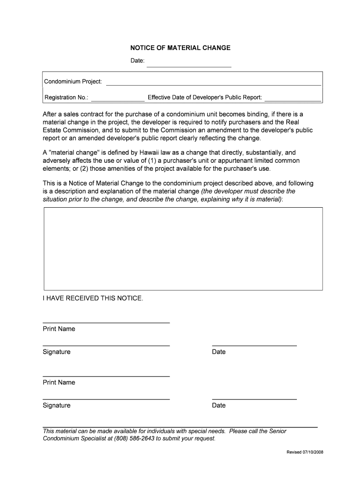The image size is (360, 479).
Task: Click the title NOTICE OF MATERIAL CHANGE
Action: (180, 48)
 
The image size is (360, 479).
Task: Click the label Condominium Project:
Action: (73, 82)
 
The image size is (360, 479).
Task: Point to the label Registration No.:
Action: (66, 97)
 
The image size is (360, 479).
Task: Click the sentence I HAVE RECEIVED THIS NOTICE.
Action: (93, 298)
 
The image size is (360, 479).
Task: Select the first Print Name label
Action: (59, 329)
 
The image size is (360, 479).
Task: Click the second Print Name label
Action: (59, 382)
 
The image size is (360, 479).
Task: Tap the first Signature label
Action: (57, 352)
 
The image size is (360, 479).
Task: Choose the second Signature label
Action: (57, 405)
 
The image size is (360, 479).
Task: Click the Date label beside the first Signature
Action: (219, 352)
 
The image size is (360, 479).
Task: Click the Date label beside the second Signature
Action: (219, 405)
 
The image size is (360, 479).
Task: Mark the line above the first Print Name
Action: (106, 323)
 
